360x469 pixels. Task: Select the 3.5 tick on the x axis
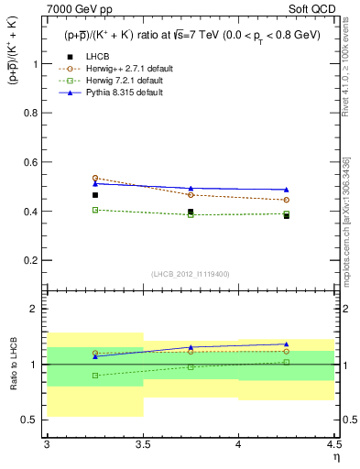click(x=142, y=445)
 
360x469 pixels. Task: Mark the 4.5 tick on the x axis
click(x=333, y=445)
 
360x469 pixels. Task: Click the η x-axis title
click(x=336, y=457)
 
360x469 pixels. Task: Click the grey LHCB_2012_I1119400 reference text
click(x=191, y=274)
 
